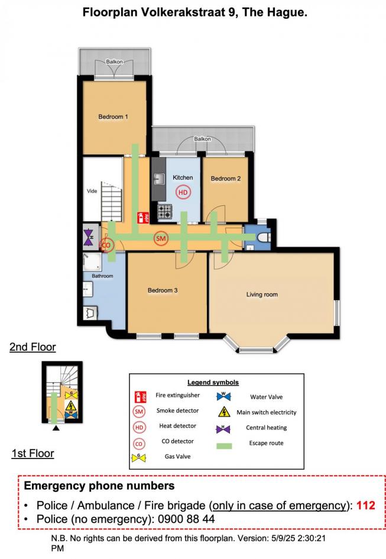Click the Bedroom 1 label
point(113,117)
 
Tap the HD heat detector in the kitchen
point(183,192)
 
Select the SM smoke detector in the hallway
point(161,238)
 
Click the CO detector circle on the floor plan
point(106,245)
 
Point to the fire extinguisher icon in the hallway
point(143,218)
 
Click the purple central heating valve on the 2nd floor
point(89,237)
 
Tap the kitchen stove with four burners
point(165,211)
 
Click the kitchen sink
point(159,178)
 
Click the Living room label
point(262,295)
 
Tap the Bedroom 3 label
point(163,290)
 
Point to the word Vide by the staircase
point(92,191)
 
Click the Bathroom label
point(102,276)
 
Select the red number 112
point(366,505)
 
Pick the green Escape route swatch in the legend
point(224,446)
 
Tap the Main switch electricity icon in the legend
point(224,412)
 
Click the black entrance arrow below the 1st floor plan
point(56,428)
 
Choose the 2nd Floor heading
point(33,347)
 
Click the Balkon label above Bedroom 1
point(115,62)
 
